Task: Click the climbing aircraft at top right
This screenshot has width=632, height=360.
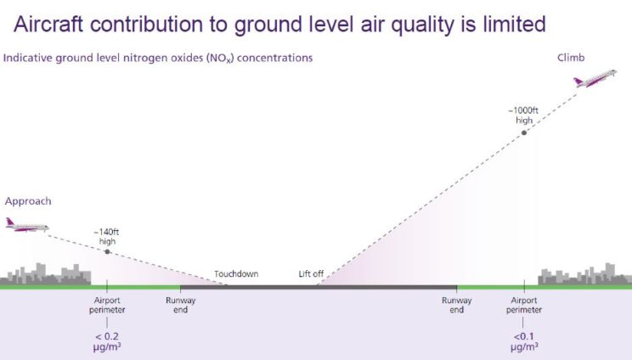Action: (595, 78)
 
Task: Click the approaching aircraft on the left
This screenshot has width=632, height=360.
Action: (27, 225)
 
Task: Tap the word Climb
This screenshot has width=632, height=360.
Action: (571, 58)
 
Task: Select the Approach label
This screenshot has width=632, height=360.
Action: (28, 201)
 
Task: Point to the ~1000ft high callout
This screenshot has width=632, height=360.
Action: (523, 115)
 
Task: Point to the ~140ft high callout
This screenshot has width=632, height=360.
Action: (107, 237)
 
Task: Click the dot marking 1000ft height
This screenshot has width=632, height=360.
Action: (524, 132)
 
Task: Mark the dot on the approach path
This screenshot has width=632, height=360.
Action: (107, 251)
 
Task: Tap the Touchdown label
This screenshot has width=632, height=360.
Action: (236, 274)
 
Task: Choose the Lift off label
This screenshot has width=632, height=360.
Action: (311, 274)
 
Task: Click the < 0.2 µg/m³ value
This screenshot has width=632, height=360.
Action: (107, 342)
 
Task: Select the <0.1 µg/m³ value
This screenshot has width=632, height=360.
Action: (524, 342)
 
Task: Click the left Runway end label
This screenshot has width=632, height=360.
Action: (181, 305)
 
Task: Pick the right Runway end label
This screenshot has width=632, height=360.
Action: (457, 305)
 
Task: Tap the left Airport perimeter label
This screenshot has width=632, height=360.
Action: (107, 305)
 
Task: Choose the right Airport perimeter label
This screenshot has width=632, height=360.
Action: (524, 305)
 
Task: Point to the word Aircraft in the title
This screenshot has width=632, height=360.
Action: (48, 24)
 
